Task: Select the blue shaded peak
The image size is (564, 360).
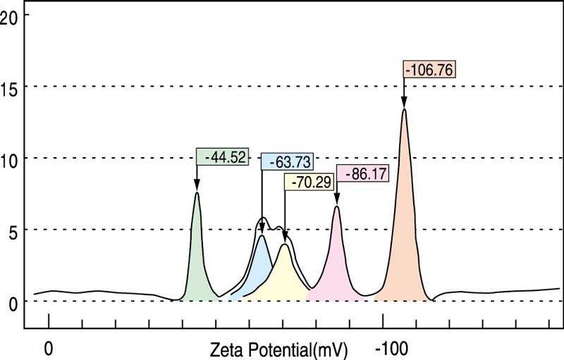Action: (x=259, y=268)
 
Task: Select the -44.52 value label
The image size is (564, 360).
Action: (x=223, y=157)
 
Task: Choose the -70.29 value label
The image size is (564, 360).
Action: (x=309, y=181)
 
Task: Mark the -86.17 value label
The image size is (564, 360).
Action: (x=363, y=173)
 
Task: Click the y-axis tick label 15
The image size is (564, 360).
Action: (x=8, y=86)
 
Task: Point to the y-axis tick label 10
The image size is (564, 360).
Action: (x=8, y=158)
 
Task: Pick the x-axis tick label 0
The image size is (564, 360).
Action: (x=48, y=349)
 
